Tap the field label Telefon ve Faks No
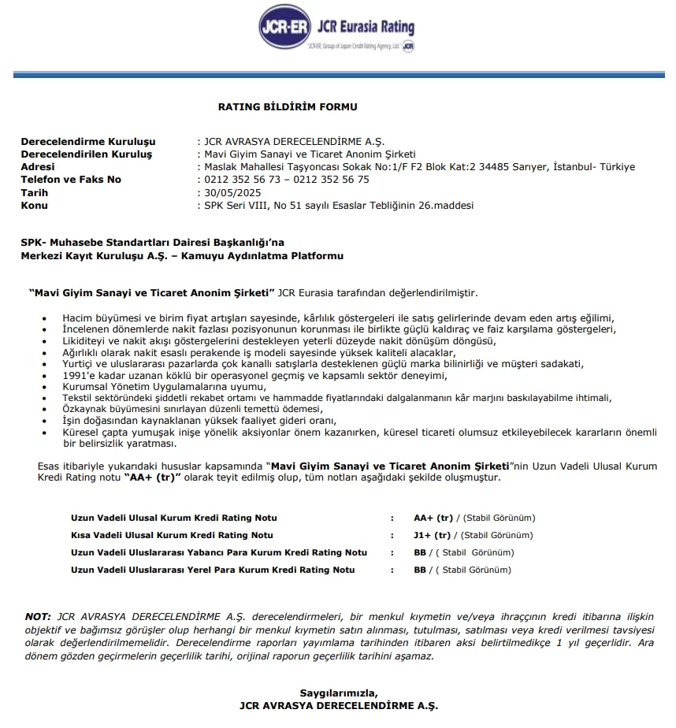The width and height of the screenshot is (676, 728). pyautogui.click(x=71, y=180)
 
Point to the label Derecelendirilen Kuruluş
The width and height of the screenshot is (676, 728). pyautogui.click(x=87, y=154)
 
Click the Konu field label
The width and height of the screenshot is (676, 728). pyautogui.click(x=34, y=205)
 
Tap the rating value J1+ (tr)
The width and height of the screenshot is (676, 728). pyautogui.click(x=433, y=535)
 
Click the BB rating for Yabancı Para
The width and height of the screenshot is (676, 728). pyautogui.click(x=419, y=552)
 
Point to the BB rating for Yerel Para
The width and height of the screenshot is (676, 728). pyautogui.click(x=419, y=570)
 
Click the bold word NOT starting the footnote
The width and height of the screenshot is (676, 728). pyautogui.click(x=37, y=615)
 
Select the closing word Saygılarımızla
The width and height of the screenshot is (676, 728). pyautogui.click(x=338, y=693)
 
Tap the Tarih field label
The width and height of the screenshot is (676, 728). pyautogui.click(x=34, y=192)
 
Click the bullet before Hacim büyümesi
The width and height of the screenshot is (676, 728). pyautogui.click(x=45, y=317)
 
